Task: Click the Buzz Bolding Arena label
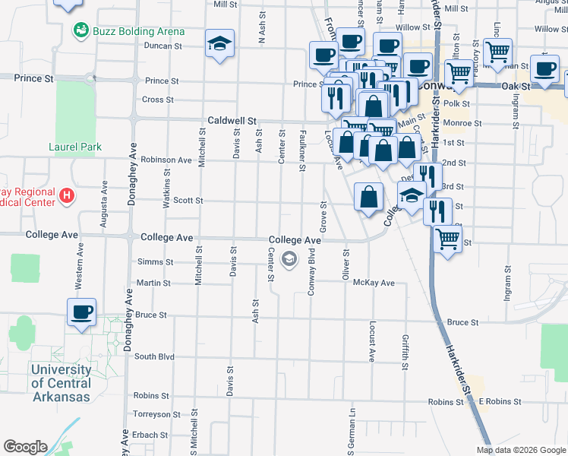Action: point(138,31)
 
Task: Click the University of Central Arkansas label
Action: point(61,383)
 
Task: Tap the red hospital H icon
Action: point(67,196)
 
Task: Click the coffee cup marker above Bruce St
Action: point(82,312)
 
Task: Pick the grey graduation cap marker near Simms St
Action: point(289,260)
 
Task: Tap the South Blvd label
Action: point(154,356)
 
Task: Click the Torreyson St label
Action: point(156,415)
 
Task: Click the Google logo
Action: point(25,447)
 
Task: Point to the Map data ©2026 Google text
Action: point(521,450)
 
